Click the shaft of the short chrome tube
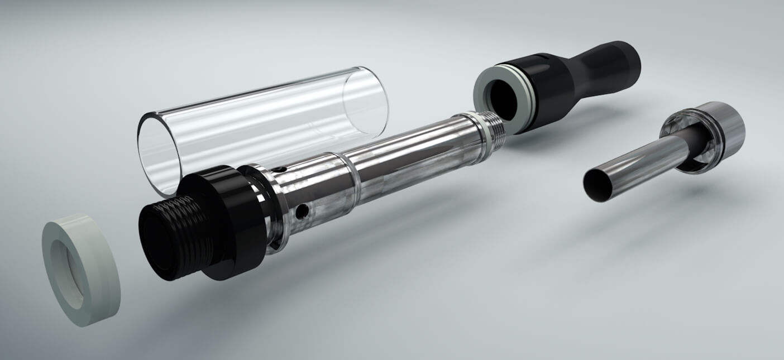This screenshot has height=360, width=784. [x=642, y=162]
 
